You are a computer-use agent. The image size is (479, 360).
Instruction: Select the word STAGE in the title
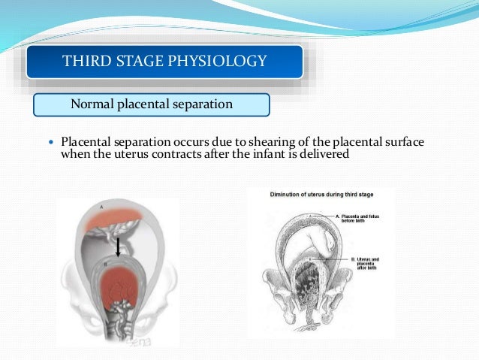140,61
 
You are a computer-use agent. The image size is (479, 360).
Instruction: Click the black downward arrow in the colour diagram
117,244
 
